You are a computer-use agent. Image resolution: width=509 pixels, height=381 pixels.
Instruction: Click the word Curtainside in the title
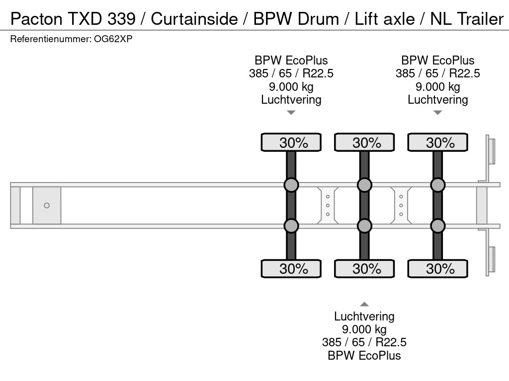[194, 19]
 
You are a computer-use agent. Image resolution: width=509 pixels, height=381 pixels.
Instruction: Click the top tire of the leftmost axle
[291, 142]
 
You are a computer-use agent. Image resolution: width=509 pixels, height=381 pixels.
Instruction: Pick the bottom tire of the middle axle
[364, 268]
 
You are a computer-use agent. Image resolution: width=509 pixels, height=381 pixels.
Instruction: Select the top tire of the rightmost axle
[438, 142]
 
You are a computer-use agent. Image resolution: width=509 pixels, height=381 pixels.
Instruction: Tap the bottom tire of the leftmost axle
[291, 268]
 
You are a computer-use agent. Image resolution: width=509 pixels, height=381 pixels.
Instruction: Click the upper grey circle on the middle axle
[364, 185]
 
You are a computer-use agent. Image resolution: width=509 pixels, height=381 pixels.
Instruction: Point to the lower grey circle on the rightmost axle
[438, 226]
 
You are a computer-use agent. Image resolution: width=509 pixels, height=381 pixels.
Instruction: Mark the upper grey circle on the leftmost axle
[291, 185]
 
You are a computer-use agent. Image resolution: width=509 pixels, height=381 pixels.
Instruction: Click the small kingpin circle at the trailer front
[47, 205]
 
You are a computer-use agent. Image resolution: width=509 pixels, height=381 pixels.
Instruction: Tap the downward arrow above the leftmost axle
[291, 113]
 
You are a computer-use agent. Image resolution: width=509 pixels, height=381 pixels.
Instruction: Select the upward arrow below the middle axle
[364, 304]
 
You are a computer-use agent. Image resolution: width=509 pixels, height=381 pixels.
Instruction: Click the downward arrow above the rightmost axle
[438, 113]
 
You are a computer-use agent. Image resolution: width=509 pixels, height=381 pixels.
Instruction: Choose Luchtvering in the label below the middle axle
[364, 317]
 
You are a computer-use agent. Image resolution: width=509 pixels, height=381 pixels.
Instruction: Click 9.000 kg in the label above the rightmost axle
[438, 87]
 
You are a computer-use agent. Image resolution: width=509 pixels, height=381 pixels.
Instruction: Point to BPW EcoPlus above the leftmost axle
[291, 61]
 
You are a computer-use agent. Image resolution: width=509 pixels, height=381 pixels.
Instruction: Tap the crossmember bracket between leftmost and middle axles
[328, 205]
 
